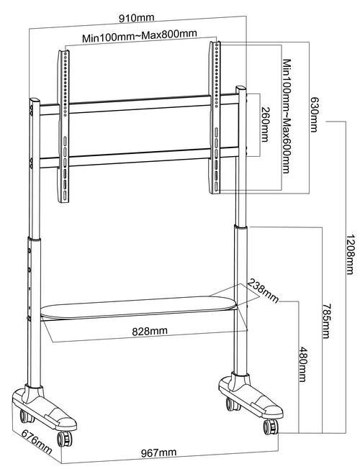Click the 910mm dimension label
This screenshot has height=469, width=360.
coord(137,18)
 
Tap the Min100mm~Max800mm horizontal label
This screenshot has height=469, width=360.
coord(140,36)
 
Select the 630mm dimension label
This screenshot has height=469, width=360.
coord(314,114)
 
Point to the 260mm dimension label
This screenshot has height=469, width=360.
coord(265,124)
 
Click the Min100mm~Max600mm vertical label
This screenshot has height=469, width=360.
coord(287,117)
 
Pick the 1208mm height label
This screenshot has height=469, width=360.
coord(351,254)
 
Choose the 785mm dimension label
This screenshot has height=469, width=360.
coord(327,321)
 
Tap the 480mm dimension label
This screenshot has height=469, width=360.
coord(303,364)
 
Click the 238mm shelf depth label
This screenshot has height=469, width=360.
coord(263,291)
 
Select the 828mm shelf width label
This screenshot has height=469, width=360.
coord(150,331)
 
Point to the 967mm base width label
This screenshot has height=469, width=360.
coord(158,452)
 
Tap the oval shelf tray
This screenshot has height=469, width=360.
coord(139,307)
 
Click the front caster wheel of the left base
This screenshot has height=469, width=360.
coord(64,439)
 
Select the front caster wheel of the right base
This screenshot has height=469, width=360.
coord(271,427)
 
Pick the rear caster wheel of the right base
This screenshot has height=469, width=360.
coord(233,404)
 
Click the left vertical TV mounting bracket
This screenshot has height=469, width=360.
coord(63,127)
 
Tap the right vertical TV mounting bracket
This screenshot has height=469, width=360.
coord(215,117)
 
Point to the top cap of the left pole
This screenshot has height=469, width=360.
coord(35,101)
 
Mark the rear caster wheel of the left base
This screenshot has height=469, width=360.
coord(27,416)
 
